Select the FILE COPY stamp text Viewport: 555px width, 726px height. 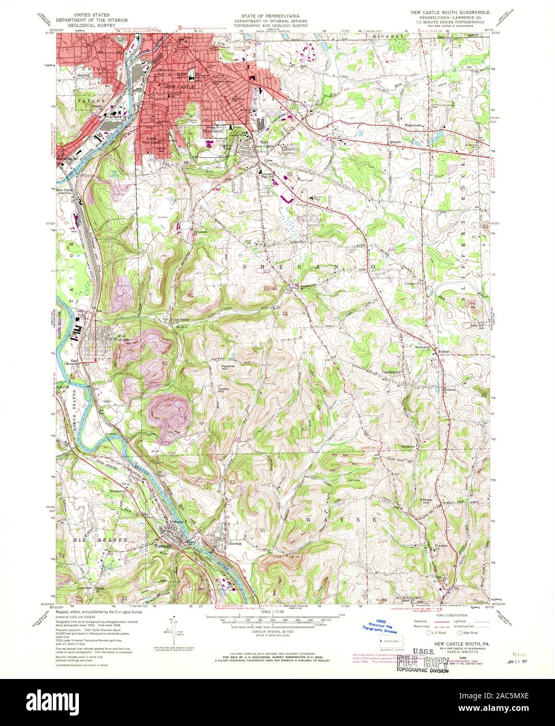pos(422,662)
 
